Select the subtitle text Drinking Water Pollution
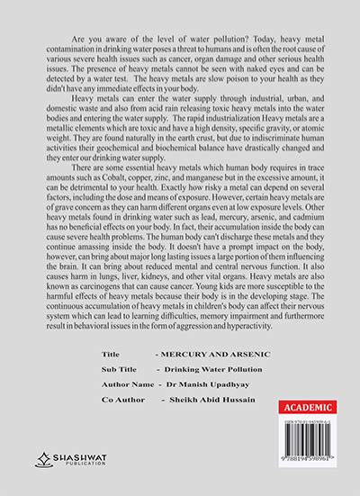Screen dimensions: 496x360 click(x=206, y=372)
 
